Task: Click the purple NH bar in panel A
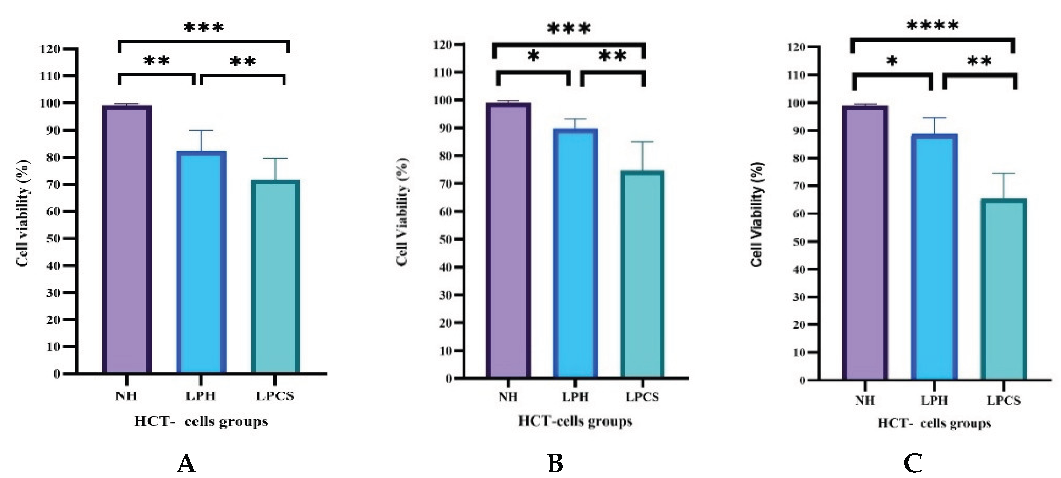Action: point(127,239)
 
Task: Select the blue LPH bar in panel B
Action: point(575,253)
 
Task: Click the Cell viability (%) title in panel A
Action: point(23,213)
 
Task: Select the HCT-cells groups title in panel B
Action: point(575,421)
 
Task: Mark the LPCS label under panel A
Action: point(275,396)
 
